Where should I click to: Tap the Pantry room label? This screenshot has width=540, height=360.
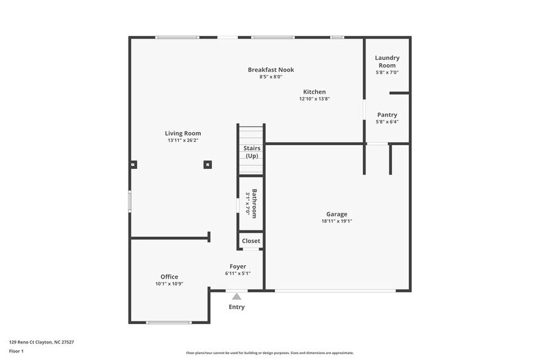tap(387, 114)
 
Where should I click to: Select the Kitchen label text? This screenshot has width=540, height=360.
tap(314, 92)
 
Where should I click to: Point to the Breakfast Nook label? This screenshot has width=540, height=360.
tap(271, 70)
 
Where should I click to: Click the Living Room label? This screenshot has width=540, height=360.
tap(182, 133)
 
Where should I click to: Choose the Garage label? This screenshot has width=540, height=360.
tap(337, 214)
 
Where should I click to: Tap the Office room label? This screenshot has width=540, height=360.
tap(169, 277)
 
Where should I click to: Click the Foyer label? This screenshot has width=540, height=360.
tap(238, 266)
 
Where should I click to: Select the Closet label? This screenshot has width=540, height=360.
tap(250, 241)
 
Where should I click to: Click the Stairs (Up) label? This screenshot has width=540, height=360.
tap(252, 152)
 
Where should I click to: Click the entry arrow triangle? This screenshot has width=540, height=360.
tap(236, 296)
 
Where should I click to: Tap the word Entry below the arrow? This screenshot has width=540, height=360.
tap(236, 307)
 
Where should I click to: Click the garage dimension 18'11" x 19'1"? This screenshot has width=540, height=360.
tap(337, 222)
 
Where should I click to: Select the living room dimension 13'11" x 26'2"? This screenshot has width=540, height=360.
tap(182, 141)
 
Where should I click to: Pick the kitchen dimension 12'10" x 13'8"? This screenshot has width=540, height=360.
tap(314, 99)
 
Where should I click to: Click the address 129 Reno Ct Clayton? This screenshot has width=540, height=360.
tap(37, 342)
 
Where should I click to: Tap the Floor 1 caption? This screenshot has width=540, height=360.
tap(16, 351)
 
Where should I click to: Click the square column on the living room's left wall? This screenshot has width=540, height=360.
tap(133, 164)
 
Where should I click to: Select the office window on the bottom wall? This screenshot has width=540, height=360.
tap(169, 322)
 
